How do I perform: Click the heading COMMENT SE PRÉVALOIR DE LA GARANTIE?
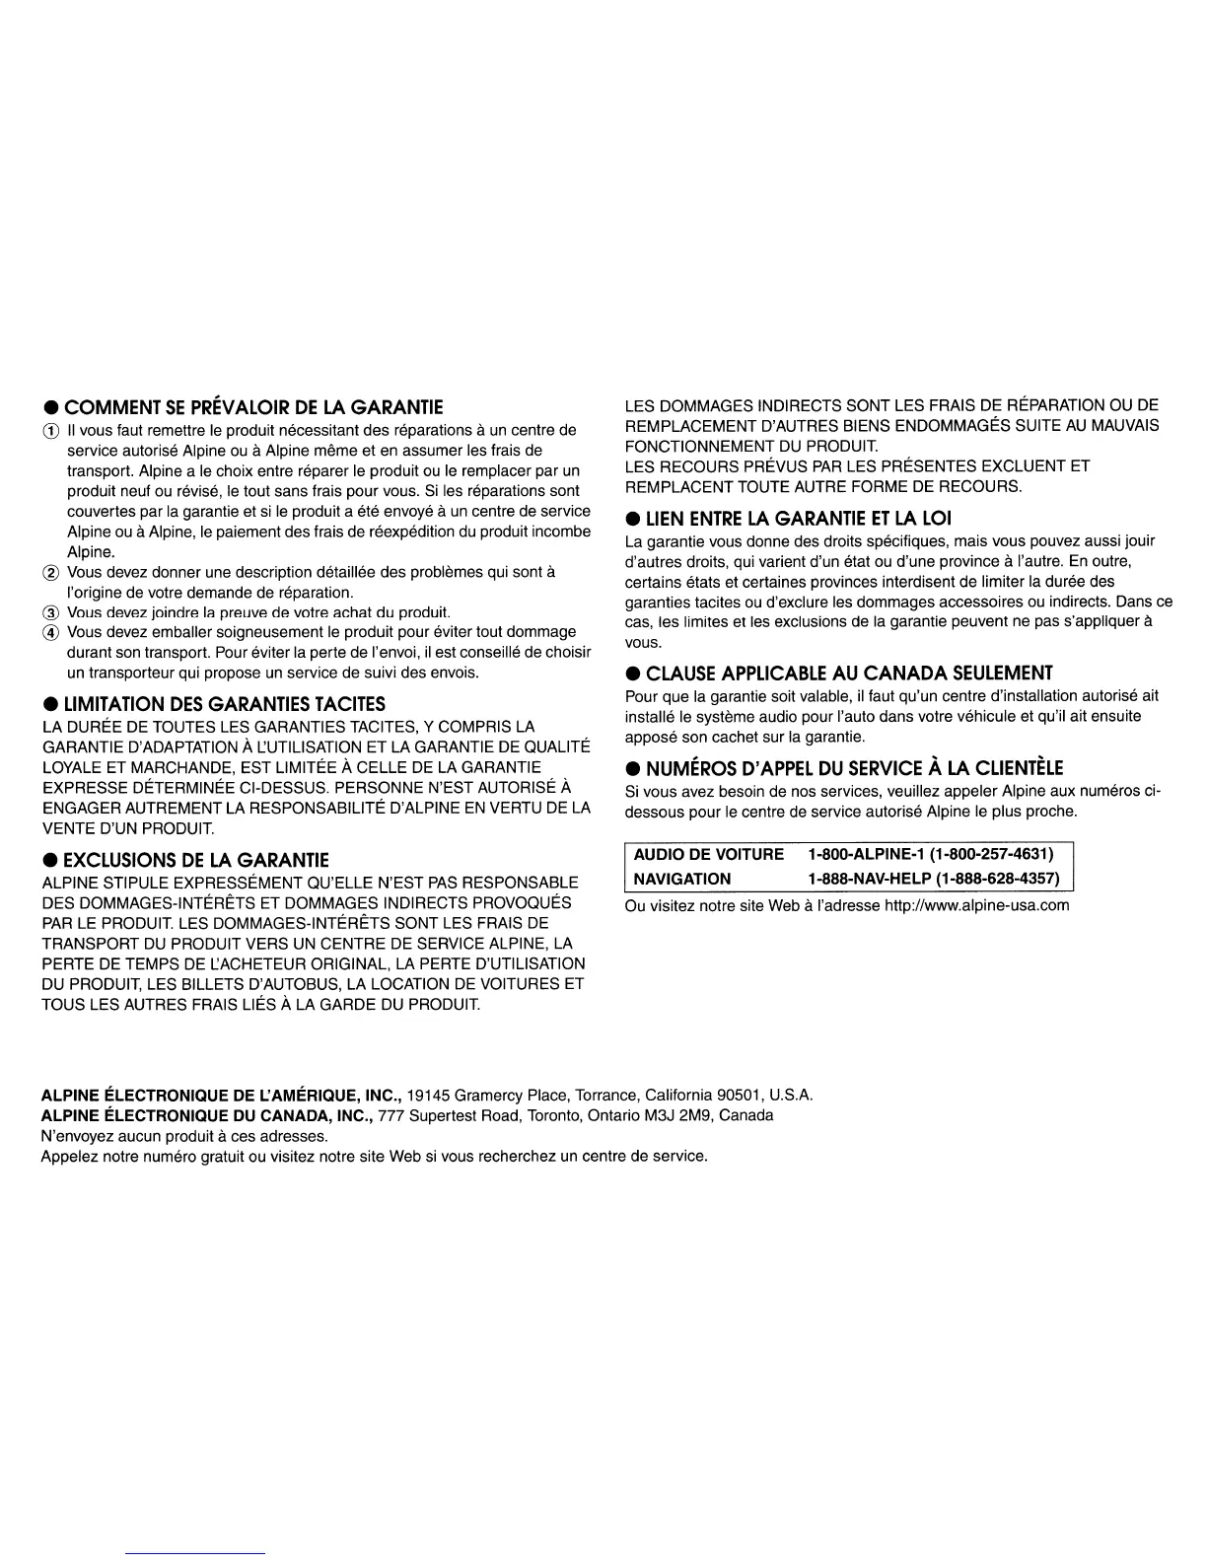point(253,407)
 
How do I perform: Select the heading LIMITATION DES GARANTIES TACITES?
point(225,704)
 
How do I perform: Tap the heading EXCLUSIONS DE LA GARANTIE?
point(196,860)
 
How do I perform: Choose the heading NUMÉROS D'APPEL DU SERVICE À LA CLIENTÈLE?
point(854,768)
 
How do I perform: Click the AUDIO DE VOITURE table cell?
point(708,854)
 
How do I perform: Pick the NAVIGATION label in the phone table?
point(682,879)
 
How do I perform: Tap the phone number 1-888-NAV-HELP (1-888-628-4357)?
point(933,879)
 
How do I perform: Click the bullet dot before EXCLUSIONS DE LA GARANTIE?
point(47,861)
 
